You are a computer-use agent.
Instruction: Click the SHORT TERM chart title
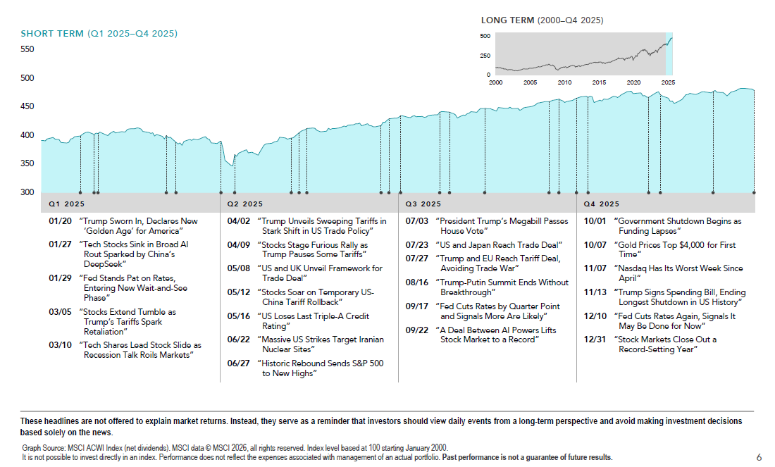pyautogui.click(x=99, y=34)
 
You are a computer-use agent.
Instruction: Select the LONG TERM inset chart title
pyautogui.click(x=542, y=20)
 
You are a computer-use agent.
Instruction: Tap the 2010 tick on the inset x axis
pyautogui.click(x=564, y=82)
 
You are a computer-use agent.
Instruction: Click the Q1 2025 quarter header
pyautogui.click(x=66, y=204)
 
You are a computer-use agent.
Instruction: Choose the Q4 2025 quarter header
pyautogui.click(x=602, y=204)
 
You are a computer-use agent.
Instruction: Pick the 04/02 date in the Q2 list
pyautogui.click(x=238, y=221)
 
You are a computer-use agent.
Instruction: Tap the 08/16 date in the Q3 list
pyautogui.click(x=417, y=282)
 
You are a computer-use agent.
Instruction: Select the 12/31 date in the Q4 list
pyautogui.click(x=596, y=340)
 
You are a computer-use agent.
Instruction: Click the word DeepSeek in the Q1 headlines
pyautogui.click(x=104, y=264)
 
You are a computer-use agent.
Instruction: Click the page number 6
pyautogui.click(x=759, y=457)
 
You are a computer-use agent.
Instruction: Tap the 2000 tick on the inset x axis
pyautogui.click(x=495, y=82)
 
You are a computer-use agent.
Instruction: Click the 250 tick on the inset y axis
pyautogui.click(x=485, y=56)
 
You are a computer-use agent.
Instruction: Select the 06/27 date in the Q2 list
pyautogui.click(x=238, y=363)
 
